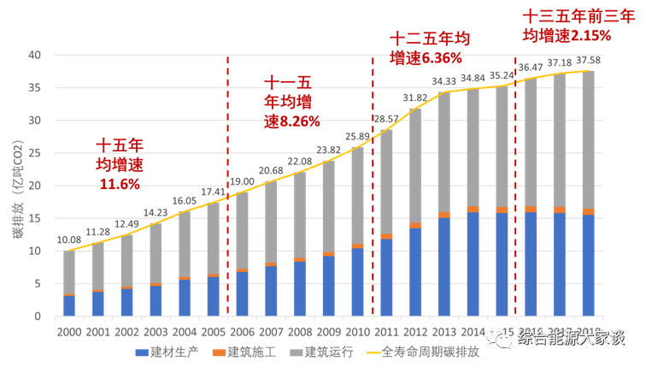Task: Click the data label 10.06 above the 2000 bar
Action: pos(68,241)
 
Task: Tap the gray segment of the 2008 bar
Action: pos(300,214)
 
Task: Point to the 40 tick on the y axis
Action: pos(35,55)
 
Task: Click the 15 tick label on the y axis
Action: pos(35,218)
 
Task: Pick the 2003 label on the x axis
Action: pos(156,331)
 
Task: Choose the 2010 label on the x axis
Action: pos(357,331)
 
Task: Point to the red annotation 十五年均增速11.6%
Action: pos(119,163)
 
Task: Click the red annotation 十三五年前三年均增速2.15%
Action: pos(567,26)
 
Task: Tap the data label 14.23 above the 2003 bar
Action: pos(156,213)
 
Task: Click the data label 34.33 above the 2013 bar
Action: pos(443,82)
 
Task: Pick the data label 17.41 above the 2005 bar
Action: pos(214,192)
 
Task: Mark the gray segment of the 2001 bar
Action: pos(98,266)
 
